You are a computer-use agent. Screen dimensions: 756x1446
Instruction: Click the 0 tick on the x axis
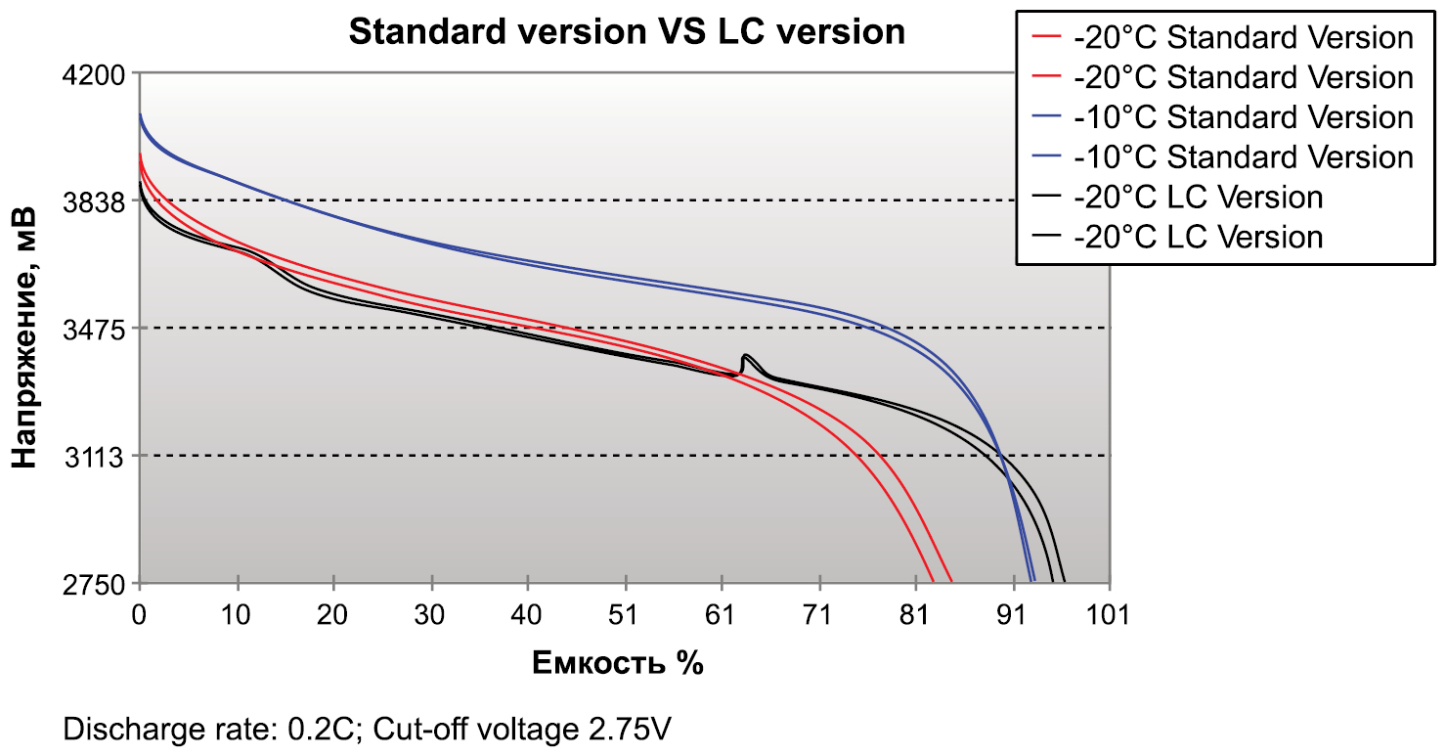coord(140,615)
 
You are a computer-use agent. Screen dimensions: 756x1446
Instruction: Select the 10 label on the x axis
coord(237,615)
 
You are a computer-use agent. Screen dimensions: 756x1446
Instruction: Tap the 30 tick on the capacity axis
coord(431,615)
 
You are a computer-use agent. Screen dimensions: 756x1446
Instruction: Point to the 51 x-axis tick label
coord(625,615)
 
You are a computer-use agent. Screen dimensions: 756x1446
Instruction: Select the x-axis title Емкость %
coord(618,663)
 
